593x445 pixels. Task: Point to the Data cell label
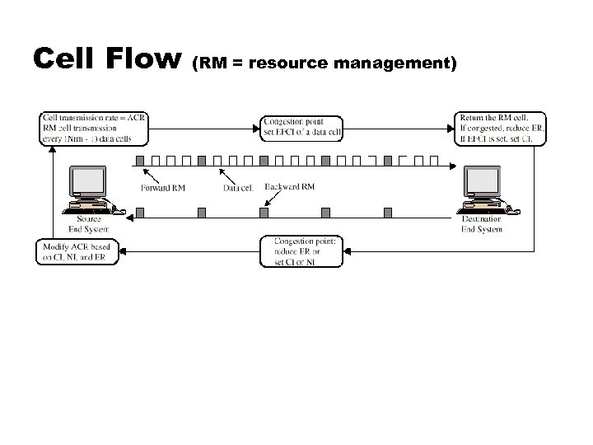pyautogui.click(x=242, y=187)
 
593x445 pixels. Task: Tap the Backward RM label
pyautogui.click(x=289, y=186)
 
